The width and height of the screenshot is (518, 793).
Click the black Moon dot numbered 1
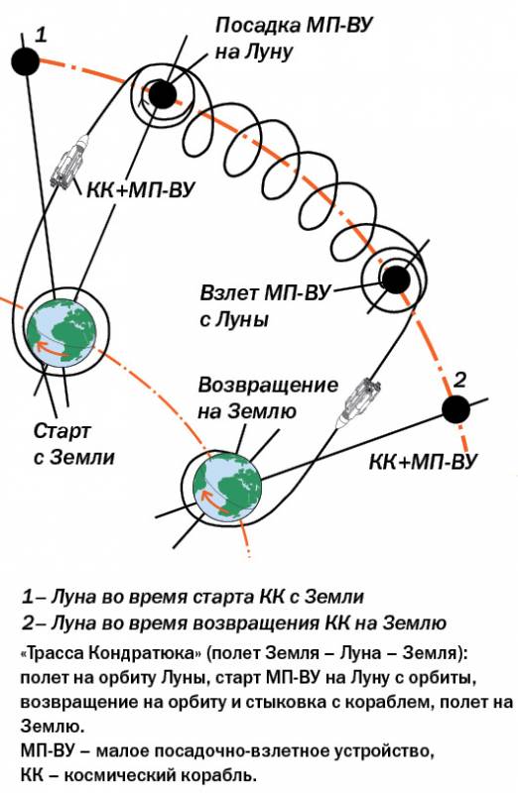tap(26, 61)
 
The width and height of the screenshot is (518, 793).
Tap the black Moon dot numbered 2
tap(456, 409)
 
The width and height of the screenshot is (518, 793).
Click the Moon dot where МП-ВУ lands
tap(162, 94)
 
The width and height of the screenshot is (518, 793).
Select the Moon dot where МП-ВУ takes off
tap(396, 279)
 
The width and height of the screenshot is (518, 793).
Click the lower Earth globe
tap(228, 487)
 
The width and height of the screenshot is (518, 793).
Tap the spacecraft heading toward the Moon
tap(69, 162)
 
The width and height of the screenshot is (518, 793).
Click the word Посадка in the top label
tap(258, 26)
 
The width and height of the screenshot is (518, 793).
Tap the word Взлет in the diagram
tap(230, 293)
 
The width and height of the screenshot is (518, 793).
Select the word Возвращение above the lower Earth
tap(268, 386)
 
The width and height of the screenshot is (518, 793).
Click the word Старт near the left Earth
tap(62, 431)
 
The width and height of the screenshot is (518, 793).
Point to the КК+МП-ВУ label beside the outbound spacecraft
tap(141, 191)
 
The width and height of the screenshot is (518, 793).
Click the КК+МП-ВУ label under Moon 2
tap(424, 462)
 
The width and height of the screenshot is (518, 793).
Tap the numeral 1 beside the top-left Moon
tap(41, 35)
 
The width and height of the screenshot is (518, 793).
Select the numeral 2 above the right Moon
tap(459, 380)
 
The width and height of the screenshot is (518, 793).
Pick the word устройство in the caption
tap(384, 751)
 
